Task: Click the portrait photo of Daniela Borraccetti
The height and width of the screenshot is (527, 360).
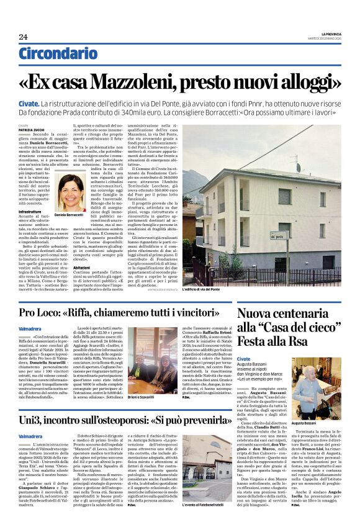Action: (x=72, y=191)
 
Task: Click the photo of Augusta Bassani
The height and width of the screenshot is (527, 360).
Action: (x=318, y=379)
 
